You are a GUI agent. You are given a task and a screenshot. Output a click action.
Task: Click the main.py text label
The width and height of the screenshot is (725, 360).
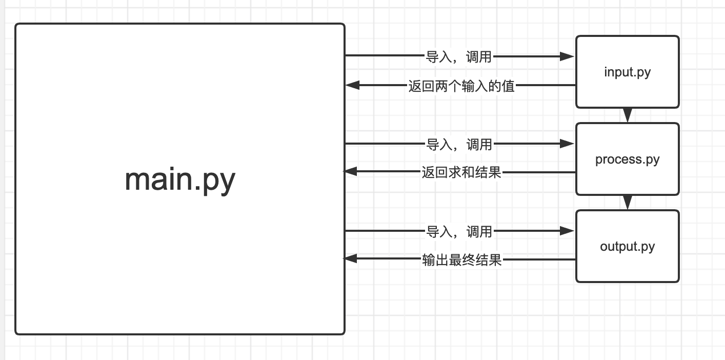(x=179, y=180)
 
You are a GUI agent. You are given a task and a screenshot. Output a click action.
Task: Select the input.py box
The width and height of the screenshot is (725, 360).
(x=627, y=72)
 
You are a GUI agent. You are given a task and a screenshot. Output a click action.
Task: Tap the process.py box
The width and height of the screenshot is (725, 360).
(x=627, y=159)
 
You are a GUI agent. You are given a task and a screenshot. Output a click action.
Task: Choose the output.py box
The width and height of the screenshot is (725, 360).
(x=627, y=247)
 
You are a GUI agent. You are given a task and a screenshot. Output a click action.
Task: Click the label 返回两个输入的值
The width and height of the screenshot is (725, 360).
(x=461, y=86)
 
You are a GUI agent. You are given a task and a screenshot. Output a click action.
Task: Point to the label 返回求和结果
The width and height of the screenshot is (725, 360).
(x=461, y=173)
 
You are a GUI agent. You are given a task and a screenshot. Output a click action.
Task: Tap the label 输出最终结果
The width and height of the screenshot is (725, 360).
(x=461, y=260)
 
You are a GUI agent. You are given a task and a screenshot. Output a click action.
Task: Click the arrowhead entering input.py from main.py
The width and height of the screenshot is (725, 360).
(x=567, y=56)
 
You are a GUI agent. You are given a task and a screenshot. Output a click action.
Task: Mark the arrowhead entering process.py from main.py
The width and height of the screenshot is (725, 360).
(x=567, y=144)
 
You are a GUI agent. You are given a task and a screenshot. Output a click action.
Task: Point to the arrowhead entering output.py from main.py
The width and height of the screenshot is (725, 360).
(x=567, y=231)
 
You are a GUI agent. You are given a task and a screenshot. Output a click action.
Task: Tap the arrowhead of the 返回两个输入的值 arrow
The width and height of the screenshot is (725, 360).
(x=352, y=86)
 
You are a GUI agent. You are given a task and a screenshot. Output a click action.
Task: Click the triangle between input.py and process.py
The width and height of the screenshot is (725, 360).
(x=627, y=115)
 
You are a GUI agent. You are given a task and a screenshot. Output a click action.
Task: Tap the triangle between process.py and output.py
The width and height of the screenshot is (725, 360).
(x=627, y=203)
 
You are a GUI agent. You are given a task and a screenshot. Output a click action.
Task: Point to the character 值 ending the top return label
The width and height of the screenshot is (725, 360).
(x=508, y=86)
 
